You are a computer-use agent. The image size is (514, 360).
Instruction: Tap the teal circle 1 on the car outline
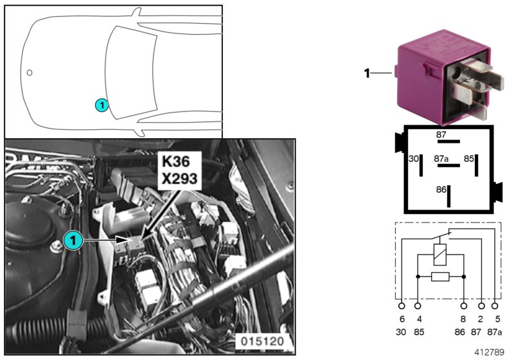(101, 104)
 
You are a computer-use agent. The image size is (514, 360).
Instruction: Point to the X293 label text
(179, 179)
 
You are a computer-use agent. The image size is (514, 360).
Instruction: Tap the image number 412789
(491, 352)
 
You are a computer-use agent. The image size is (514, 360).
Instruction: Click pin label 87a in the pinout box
(441, 157)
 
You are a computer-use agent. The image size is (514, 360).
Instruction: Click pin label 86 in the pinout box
(440, 190)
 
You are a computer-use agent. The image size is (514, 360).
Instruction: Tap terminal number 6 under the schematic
(402, 319)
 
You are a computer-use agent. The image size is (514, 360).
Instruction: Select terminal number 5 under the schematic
(497, 319)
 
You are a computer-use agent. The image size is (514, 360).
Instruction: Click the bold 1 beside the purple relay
(367, 74)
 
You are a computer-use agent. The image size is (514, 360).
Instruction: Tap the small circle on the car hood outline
(30, 71)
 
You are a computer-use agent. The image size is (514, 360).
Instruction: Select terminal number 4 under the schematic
(418, 319)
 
